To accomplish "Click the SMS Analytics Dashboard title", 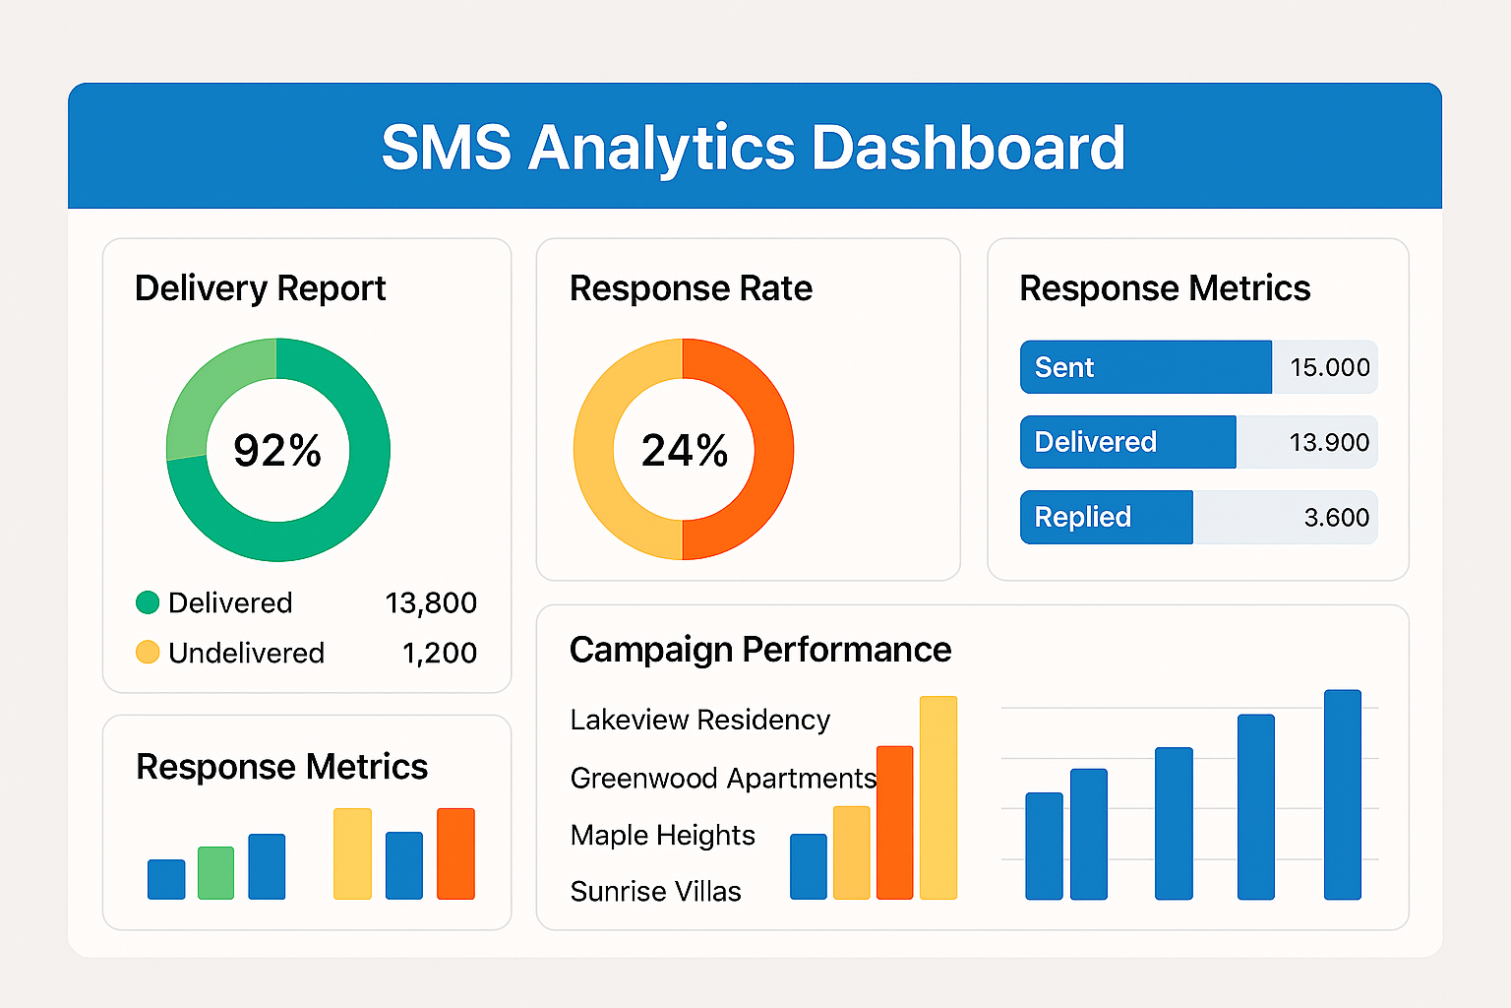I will click(754, 148).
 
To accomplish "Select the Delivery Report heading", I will click(260, 288).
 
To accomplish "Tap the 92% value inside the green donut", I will click(277, 451).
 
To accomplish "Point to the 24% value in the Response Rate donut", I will click(685, 451).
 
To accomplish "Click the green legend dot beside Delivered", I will click(148, 602).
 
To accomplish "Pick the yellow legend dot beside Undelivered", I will click(148, 652).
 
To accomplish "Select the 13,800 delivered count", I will click(431, 602).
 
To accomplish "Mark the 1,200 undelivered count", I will click(439, 653).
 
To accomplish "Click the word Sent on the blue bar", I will click(1064, 367).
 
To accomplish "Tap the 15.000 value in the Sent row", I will click(1329, 367).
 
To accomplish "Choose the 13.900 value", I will click(1329, 442).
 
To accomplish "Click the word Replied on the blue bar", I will click(1082, 517).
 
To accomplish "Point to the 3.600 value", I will click(1336, 517).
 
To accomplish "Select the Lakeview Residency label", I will click(699, 720).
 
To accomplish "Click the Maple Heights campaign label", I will click(662, 835).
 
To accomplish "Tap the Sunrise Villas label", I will click(655, 891).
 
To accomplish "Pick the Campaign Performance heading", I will click(759, 650).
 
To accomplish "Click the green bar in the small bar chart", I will click(215, 873).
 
